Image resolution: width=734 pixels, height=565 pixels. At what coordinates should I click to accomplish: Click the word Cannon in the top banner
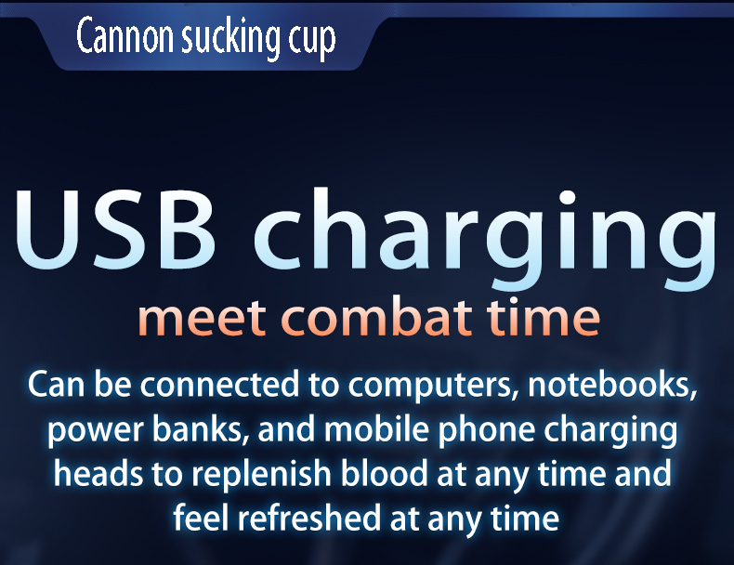[x=125, y=36]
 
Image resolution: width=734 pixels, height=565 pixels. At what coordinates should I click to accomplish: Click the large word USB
[x=115, y=230]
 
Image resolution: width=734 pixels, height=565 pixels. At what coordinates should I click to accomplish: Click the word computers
[x=433, y=388]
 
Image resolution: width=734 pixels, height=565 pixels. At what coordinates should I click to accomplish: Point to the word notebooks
[x=612, y=385]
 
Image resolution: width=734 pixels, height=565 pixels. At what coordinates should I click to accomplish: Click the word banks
[x=202, y=429]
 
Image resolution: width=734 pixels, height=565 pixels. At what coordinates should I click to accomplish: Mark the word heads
[x=98, y=473]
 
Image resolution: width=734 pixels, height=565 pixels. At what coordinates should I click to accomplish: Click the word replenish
[x=261, y=476]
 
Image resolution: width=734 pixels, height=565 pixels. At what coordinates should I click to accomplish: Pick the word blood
[x=384, y=473]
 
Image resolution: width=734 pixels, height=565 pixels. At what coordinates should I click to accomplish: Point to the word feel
[x=201, y=518]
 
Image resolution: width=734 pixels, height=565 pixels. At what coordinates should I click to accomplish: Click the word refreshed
[x=309, y=518]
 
